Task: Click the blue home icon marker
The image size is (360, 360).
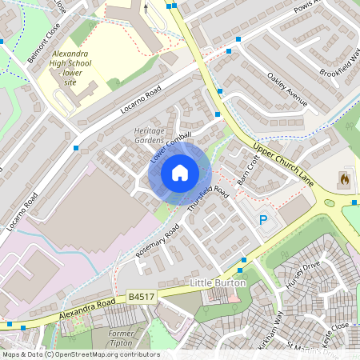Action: coord(179,172)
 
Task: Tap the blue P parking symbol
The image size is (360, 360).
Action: coord(262,220)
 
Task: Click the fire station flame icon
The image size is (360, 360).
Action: coord(344,178)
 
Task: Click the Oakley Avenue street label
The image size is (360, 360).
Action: coord(286,91)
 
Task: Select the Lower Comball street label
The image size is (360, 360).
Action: coord(171,146)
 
